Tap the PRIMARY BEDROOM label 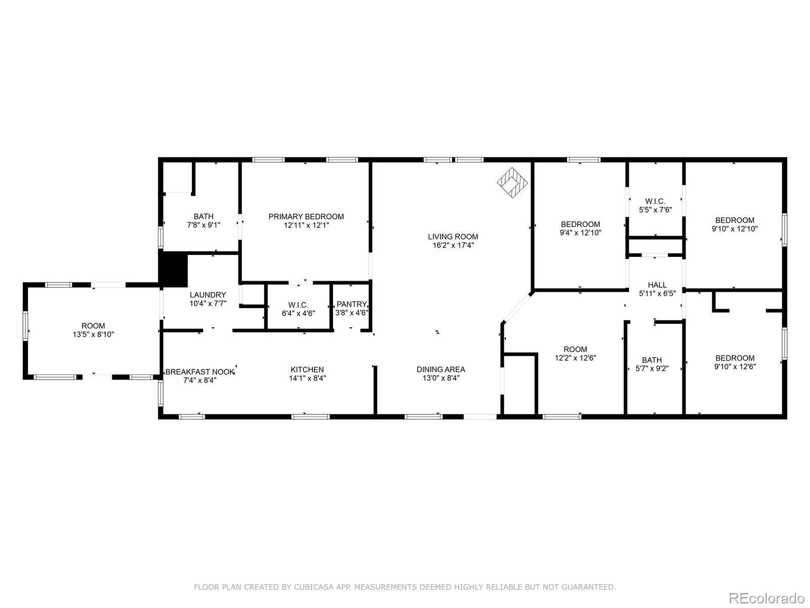tap(306, 216)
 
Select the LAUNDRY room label tap(208, 295)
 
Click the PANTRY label tap(351, 304)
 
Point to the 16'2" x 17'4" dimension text tap(453, 245)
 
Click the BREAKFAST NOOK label tap(200, 371)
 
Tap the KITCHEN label tap(307, 369)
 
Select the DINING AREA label tap(440, 369)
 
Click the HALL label tap(657, 285)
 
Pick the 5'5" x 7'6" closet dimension tap(655, 210)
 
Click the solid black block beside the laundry tap(174, 269)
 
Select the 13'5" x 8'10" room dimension tap(93, 334)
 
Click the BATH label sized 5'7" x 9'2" tap(652, 360)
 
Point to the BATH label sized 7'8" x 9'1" tap(204, 216)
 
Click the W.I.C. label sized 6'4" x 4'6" tap(298, 305)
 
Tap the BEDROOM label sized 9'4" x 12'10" tap(580, 224)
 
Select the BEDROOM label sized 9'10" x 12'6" tap(734, 358)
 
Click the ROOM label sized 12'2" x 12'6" tap(575, 349)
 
